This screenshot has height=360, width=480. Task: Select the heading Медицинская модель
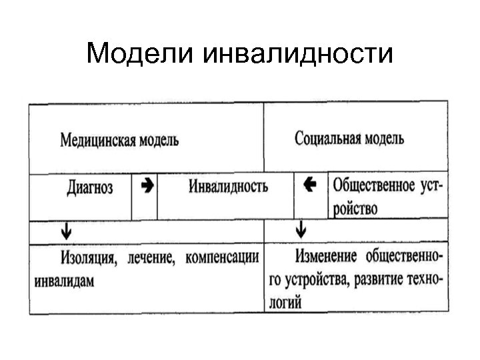click(119, 141)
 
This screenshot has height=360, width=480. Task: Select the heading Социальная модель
click(349, 139)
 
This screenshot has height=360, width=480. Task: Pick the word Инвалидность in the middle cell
click(229, 186)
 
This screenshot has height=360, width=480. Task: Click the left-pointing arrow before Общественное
click(309, 185)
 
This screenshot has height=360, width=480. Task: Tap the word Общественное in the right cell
click(374, 184)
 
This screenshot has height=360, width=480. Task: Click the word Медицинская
click(97, 141)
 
